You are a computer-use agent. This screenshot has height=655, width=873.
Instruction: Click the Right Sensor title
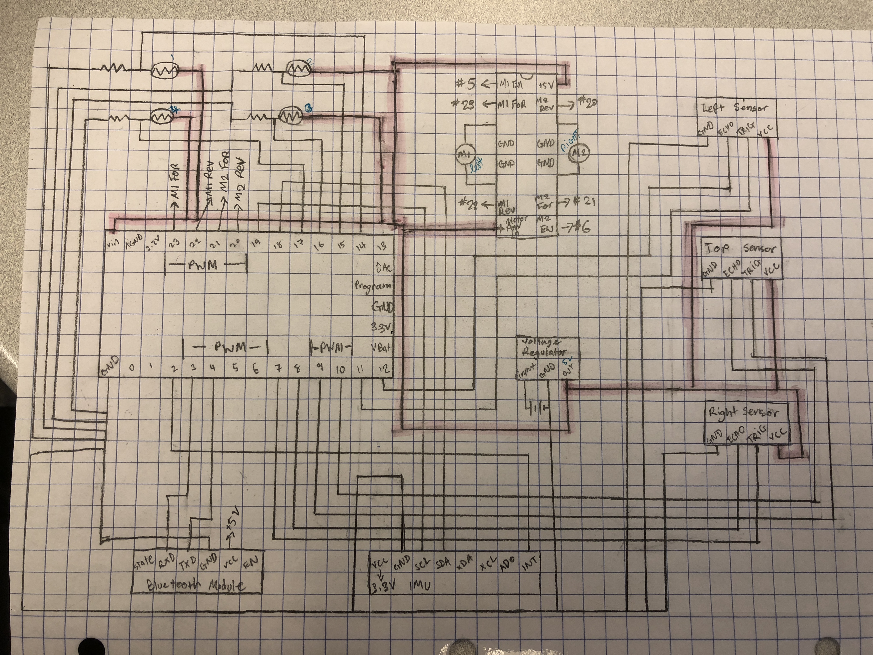[x=743, y=413]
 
